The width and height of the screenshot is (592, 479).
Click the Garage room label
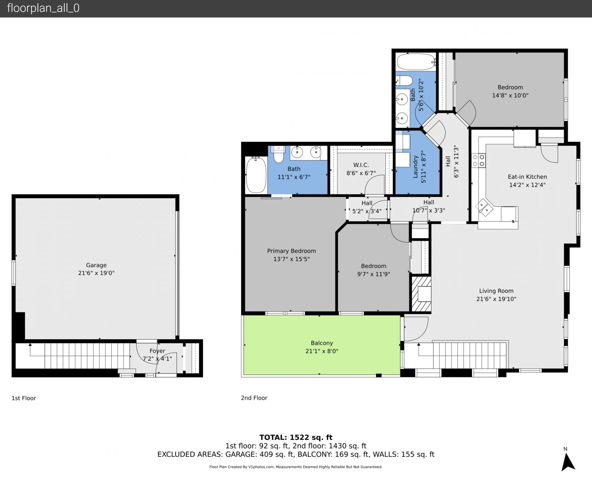96,265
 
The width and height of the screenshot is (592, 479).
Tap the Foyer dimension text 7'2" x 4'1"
157,359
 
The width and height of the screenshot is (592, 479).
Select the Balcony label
322,343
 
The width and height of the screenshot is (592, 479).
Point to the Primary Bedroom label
291,251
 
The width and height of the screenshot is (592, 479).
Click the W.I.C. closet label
361,165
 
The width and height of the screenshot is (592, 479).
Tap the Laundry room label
416,166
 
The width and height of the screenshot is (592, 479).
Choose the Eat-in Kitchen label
527,177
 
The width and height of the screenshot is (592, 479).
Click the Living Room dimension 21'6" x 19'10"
496,299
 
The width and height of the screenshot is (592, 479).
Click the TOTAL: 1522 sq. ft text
296,437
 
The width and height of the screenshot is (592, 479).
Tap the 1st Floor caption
24,398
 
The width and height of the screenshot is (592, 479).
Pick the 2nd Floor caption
254,398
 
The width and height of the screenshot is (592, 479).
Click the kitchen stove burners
478,161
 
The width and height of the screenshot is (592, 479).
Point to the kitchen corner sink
484,208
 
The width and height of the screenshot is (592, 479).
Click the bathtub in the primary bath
256,174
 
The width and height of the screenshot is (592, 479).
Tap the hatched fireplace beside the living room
421,294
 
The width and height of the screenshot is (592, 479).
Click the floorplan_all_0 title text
43,8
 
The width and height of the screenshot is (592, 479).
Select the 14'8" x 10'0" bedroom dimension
510,95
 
